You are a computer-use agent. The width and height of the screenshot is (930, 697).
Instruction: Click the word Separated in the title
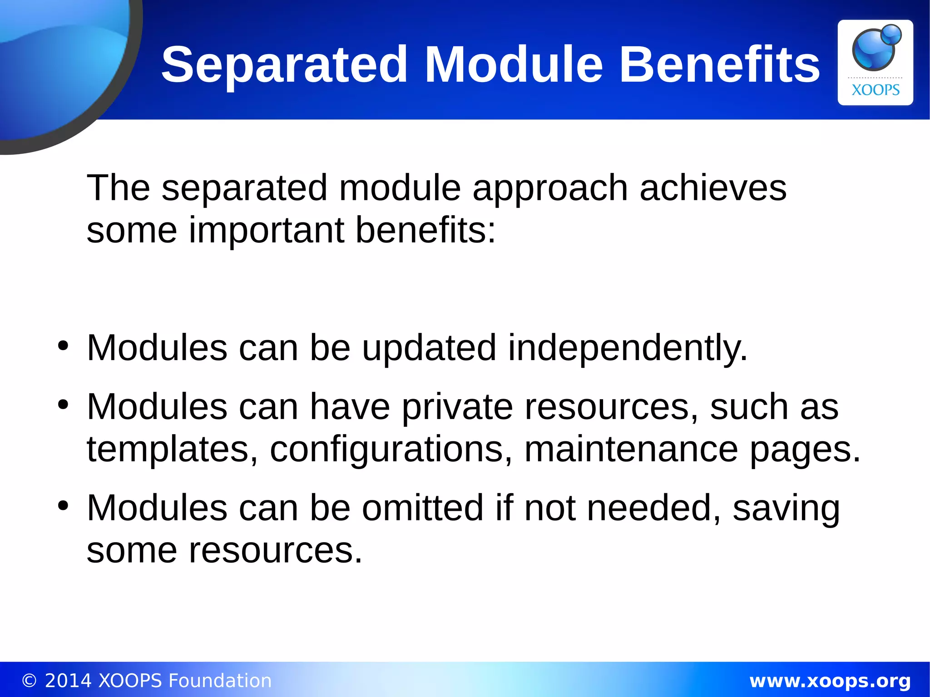pos(285,65)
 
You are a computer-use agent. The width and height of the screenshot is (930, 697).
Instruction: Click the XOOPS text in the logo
pos(875,90)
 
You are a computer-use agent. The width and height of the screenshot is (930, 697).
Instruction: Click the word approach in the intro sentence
pos(550,188)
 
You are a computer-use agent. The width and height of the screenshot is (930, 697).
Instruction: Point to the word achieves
pos(713,188)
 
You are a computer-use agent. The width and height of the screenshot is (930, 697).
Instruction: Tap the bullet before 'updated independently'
pos(63,346)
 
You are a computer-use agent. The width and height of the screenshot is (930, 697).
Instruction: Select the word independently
pos(627,348)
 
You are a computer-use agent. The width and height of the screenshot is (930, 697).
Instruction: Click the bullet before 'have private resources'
pos(63,404)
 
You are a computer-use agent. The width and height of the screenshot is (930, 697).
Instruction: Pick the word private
pos(457,407)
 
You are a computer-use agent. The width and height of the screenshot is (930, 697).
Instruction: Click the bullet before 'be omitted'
pos(63,505)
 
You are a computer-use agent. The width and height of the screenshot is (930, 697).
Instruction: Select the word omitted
pos(422,508)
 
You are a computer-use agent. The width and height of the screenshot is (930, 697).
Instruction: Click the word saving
pos(786,509)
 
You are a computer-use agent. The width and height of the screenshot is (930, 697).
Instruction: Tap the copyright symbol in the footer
pos(29,681)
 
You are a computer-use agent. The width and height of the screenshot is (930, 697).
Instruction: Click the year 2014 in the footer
pos(68,681)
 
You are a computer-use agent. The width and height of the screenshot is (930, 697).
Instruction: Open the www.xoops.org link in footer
pos(830,681)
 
